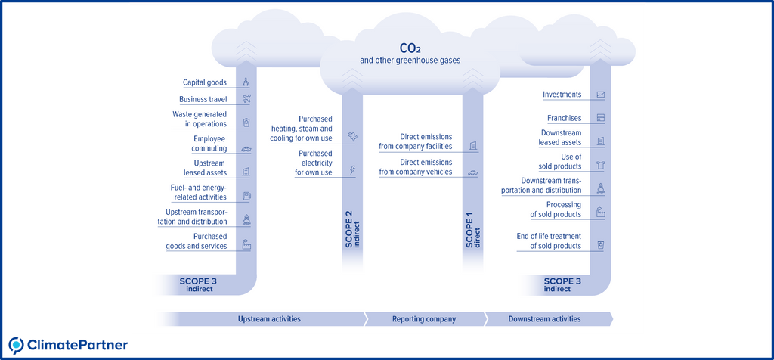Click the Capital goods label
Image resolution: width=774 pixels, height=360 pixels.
tap(204, 82)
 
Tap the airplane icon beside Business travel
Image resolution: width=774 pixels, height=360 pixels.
tap(246, 99)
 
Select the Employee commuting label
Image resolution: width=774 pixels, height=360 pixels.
tap(209, 144)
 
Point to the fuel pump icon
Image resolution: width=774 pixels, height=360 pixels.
tap(246, 197)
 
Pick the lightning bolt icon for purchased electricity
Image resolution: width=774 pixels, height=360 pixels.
tap(352, 170)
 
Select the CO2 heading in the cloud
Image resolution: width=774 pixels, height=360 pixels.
tap(410, 49)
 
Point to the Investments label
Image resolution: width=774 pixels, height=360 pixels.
tap(562, 95)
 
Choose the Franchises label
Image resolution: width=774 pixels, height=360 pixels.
tap(564, 118)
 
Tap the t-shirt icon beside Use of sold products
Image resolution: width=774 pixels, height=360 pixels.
tap(600, 164)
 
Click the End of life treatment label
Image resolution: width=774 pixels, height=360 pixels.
tap(549, 241)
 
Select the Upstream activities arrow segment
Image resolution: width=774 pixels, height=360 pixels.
tap(268, 319)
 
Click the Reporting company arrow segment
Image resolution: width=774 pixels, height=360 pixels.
tap(424, 319)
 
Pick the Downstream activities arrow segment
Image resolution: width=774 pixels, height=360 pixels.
tap(544, 319)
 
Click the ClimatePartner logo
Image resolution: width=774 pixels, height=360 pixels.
tap(68, 345)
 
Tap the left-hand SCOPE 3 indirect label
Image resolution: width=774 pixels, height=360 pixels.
tap(198, 284)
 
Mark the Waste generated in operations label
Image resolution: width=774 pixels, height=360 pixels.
tap(200, 119)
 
